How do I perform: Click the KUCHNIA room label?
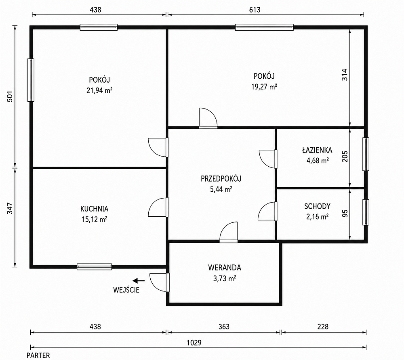[94, 209]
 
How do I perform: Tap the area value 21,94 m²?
[99, 90]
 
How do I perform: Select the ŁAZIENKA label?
[317, 150]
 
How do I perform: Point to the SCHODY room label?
[317, 206]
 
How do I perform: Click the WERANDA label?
[224, 268]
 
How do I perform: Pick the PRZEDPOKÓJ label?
[221, 178]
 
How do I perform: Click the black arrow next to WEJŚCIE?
[139, 281]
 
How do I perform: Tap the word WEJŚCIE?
[126, 290]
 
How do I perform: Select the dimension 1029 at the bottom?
[194, 343]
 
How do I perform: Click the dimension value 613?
[255, 10]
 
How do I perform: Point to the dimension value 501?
[10, 96]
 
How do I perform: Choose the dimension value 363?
[224, 327]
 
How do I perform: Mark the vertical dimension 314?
[345, 75]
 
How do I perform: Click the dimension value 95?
[345, 213]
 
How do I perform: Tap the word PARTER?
[38, 356]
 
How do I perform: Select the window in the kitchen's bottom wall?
[94, 267]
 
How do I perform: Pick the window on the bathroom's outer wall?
[366, 154]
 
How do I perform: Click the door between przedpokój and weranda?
[229, 232]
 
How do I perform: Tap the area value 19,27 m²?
[264, 87]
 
